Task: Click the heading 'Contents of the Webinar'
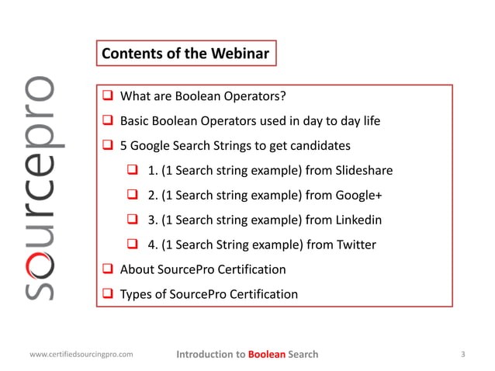point(185,54)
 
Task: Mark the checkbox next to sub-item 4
point(133,245)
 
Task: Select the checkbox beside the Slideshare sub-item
point(133,171)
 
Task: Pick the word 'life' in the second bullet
point(368,121)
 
